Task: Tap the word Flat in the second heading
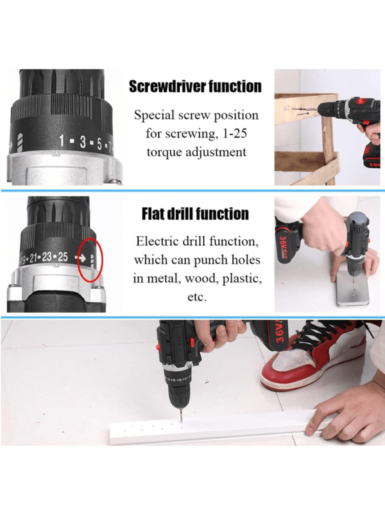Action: coord(153,214)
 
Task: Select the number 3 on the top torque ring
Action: coord(83,142)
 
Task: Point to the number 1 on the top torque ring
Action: coord(62,141)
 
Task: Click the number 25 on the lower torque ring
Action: coord(63,257)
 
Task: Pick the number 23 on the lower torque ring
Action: coord(47,257)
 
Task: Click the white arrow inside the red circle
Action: coord(80,258)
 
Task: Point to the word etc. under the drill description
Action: coord(197,297)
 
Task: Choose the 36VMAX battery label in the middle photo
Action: coord(284,245)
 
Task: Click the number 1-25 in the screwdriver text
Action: coord(235,134)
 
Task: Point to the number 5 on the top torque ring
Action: coord(99,143)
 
